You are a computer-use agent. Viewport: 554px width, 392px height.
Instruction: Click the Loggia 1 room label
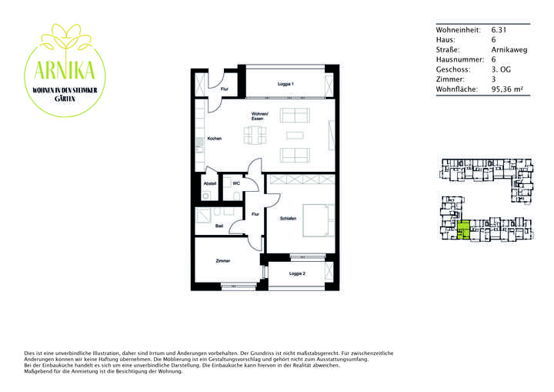tap(285, 83)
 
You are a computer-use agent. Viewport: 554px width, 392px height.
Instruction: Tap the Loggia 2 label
tap(297, 273)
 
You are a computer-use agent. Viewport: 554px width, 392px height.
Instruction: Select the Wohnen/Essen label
tap(259, 117)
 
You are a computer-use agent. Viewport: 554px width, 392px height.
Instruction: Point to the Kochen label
tap(215, 139)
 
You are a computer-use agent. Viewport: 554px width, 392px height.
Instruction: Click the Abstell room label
tap(210, 183)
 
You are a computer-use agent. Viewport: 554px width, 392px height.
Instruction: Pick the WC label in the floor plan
tap(236, 183)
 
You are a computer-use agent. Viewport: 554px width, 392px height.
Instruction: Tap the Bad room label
tap(219, 226)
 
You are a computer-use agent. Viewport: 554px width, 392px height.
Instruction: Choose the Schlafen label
tap(279, 219)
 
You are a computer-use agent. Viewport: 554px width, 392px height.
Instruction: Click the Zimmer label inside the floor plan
tap(222, 261)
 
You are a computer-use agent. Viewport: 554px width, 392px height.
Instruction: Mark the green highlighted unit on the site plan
tap(463, 231)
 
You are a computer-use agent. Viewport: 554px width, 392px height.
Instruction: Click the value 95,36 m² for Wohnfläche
tap(506, 89)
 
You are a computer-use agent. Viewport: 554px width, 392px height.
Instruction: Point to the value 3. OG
tap(502, 69)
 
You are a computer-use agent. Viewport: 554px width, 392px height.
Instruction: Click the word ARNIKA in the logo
tap(65, 72)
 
